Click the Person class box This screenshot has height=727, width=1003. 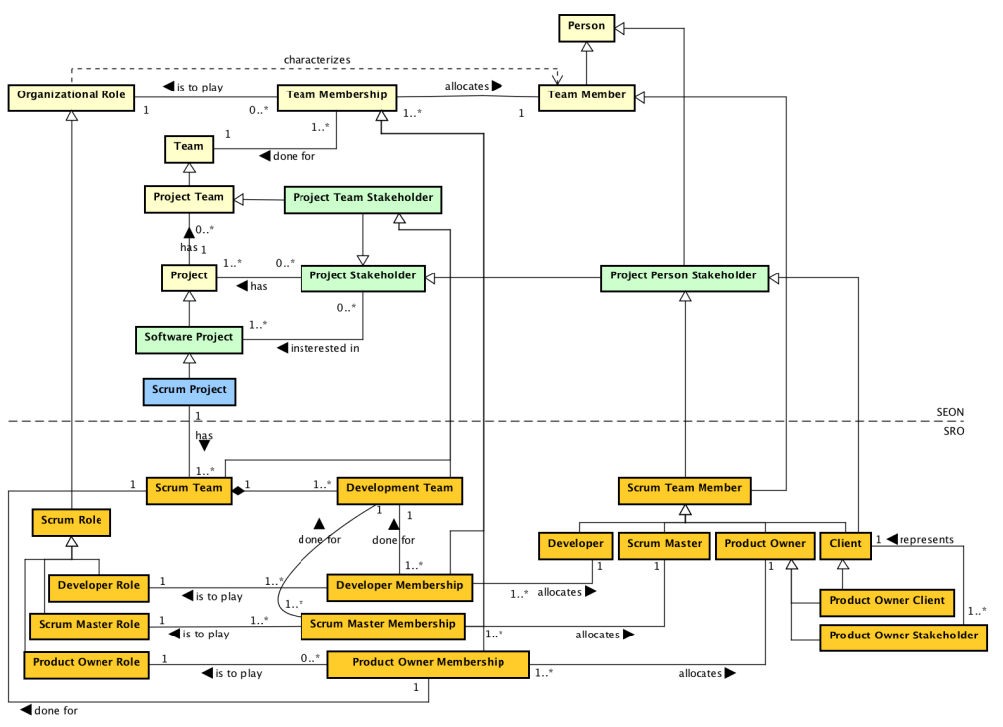point(586,27)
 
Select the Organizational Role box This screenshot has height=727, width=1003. point(71,95)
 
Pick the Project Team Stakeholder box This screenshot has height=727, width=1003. point(362,199)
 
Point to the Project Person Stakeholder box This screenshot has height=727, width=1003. point(684,276)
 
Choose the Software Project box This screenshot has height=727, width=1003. point(188,338)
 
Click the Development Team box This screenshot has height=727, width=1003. point(400,489)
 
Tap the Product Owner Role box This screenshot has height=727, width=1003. point(86,662)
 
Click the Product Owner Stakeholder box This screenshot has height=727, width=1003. point(903,636)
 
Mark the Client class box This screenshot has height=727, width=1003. point(845,544)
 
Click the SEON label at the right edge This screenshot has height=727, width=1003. point(950,412)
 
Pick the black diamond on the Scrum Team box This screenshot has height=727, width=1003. point(238,490)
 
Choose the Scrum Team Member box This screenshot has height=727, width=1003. point(684,489)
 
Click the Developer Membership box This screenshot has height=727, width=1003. point(399,587)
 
